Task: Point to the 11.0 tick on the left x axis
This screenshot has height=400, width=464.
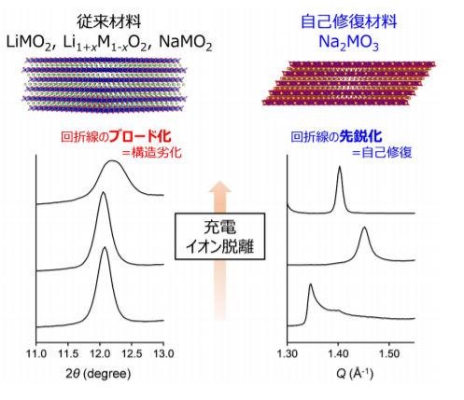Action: coord(35,355)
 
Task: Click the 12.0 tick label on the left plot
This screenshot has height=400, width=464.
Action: coord(99,355)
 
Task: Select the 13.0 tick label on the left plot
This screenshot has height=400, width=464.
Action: coord(162,355)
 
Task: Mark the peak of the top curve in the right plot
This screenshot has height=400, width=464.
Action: coord(339,168)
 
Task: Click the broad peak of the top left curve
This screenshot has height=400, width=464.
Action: coord(113,162)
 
